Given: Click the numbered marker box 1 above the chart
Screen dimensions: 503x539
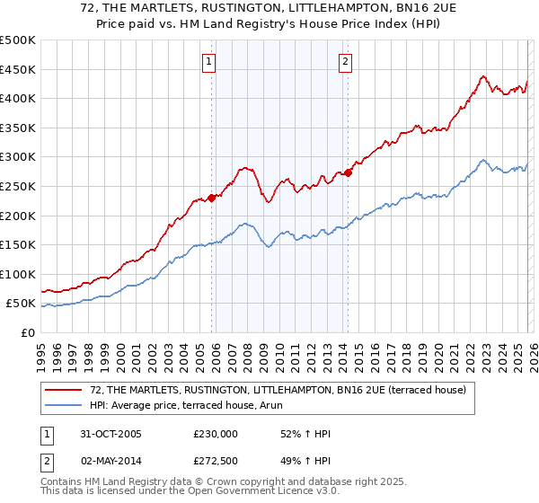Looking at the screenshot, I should click(208, 62).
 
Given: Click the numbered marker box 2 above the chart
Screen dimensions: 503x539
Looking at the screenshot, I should click(345, 62).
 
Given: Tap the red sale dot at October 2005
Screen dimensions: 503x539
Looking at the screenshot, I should click(212, 198).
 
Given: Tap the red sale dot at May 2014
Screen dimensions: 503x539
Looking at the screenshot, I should click(348, 173).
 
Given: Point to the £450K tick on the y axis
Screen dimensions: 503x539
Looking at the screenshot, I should click(19, 69).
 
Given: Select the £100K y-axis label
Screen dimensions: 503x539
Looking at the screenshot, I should click(19, 274).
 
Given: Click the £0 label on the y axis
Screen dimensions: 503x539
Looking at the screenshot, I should click(28, 332).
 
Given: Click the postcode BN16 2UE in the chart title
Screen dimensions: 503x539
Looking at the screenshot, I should click(398, 10).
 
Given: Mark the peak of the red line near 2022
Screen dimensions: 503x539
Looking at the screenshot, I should click(483, 76).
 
